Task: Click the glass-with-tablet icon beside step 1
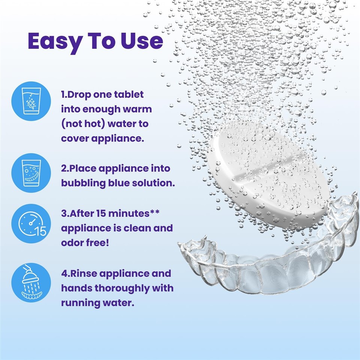coord(31,101)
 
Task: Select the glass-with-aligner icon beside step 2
coord(31,173)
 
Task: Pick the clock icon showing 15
coord(31,223)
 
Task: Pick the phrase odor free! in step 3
coord(85,243)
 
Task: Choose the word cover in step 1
coord(73,138)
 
